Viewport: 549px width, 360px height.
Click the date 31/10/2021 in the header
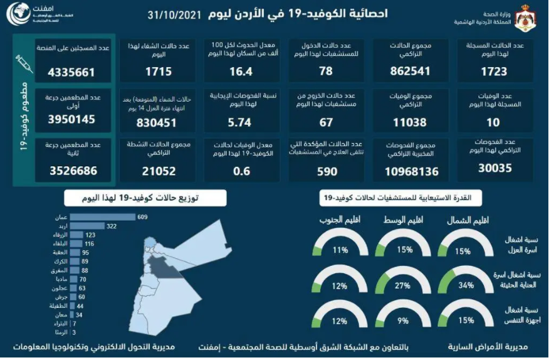tap(174, 14)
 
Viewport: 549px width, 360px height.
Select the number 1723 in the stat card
tap(493, 71)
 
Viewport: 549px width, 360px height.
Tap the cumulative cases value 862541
tap(410, 71)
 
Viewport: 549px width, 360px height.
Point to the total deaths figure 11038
tap(410, 122)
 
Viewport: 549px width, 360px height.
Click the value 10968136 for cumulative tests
tap(410, 171)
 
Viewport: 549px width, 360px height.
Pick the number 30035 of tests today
tap(493, 168)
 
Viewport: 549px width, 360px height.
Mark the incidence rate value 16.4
tap(241, 71)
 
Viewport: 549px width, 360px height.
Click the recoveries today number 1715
tap(158, 71)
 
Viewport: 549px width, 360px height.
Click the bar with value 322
tap(87, 226)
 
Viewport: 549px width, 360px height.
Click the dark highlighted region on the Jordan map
tap(165, 265)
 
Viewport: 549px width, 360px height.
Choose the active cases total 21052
tap(158, 171)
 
